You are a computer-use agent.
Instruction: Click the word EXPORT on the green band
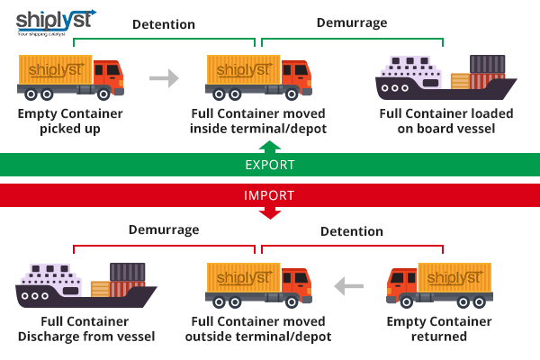tap(270, 165)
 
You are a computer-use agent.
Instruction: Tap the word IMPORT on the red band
tap(270, 194)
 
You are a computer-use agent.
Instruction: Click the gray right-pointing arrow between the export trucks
tap(164, 78)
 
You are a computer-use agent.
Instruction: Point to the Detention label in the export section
tap(163, 24)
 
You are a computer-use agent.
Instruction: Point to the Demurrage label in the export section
tap(351, 23)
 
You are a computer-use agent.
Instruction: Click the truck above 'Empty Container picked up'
tap(70, 76)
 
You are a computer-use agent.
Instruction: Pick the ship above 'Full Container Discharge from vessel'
tap(86, 285)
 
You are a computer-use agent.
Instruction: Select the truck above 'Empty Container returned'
tap(440, 285)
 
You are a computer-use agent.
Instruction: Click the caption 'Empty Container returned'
tap(439, 329)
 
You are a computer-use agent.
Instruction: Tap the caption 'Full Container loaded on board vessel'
tap(446, 121)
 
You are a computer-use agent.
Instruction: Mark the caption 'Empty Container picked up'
tap(70, 121)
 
